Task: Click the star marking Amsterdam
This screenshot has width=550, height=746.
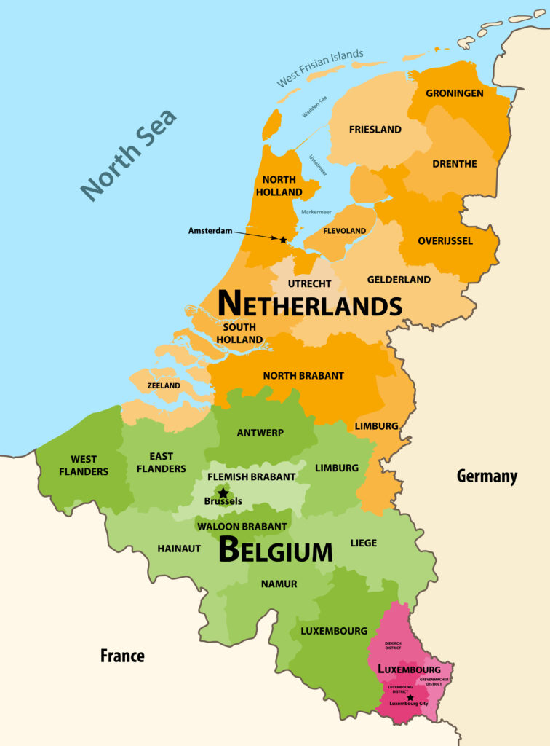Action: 283,240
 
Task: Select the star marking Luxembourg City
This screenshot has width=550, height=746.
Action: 410,697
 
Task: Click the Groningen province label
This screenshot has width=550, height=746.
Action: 454,93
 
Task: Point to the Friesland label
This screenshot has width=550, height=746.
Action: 375,130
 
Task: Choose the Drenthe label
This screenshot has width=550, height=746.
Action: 454,164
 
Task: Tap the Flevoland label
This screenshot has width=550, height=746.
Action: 345,231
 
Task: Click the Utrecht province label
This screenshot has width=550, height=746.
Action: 309,283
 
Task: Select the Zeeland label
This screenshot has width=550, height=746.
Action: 163,385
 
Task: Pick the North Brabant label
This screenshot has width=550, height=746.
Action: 303,376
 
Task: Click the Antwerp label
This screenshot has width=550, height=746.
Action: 260,433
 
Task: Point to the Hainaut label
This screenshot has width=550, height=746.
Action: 179,549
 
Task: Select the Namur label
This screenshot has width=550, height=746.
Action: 279,584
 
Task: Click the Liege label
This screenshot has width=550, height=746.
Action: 364,543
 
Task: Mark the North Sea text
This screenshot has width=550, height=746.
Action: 129,155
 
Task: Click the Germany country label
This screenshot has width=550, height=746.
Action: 487,476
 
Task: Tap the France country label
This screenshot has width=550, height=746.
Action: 122,656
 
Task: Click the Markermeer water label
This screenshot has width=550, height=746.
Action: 316,212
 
